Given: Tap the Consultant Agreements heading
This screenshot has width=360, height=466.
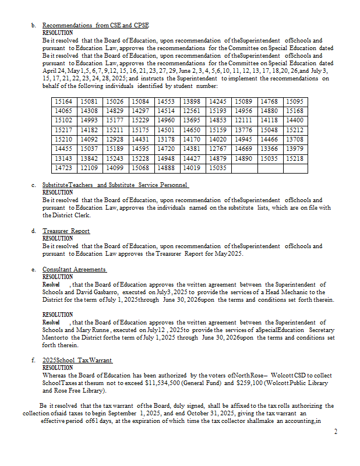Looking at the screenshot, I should (x=74, y=270).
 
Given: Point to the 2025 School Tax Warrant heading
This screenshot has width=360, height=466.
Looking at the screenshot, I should (x=77, y=361).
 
